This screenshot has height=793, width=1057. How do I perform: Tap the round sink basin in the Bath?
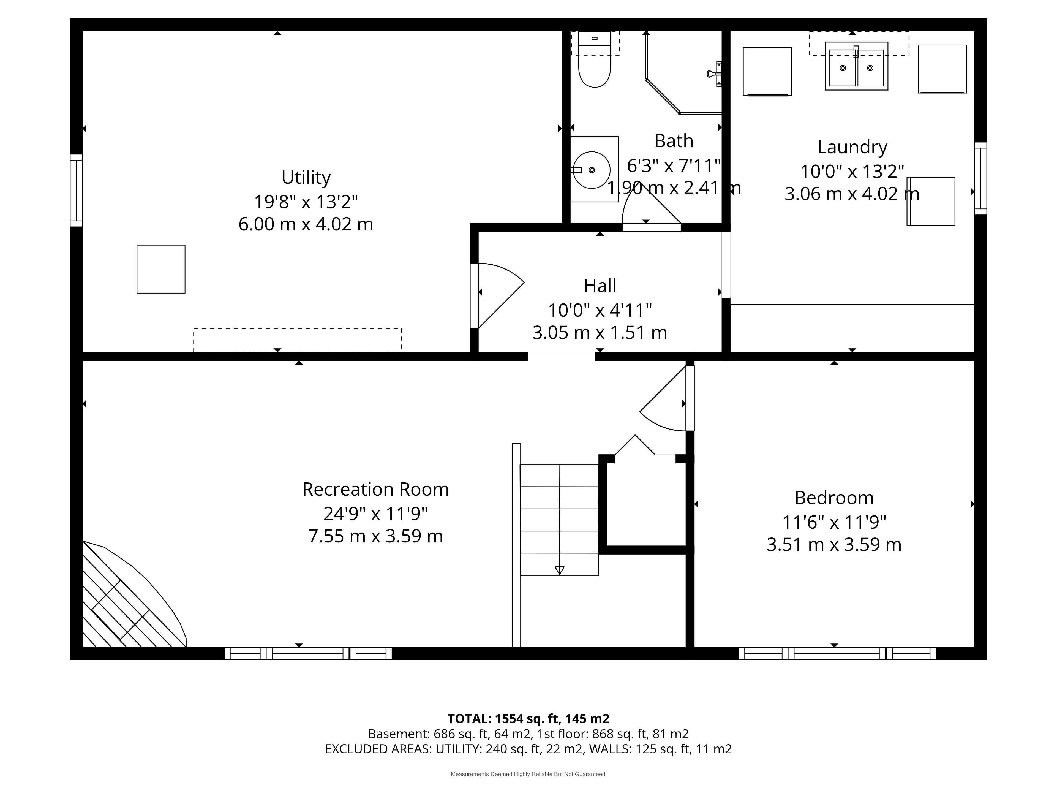(592, 170)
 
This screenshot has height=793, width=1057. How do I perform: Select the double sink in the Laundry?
(856, 66)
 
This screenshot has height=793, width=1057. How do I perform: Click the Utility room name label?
(306, 177)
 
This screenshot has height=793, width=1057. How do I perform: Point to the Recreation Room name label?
(375, 490)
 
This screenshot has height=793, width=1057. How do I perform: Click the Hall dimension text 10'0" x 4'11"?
(600, 311)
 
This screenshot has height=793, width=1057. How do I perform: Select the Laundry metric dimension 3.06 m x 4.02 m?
(852, 194)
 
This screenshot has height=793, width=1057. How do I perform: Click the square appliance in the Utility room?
(161, 269)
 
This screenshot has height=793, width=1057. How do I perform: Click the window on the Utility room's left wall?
(77, 190)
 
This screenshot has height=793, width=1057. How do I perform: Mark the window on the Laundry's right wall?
(980, 178)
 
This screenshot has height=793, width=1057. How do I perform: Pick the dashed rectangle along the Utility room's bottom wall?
(297, 340)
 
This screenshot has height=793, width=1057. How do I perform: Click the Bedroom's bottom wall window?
(837, 653)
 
